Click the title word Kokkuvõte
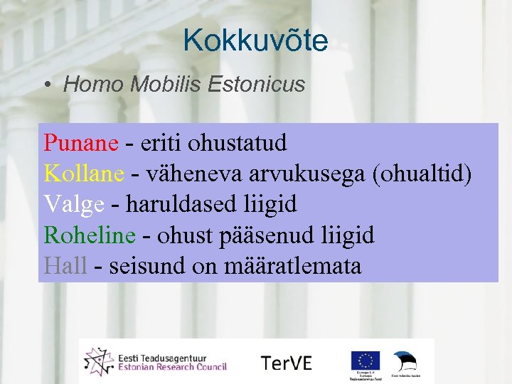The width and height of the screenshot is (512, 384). pos(255,41)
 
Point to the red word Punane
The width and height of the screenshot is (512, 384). pos(80,143)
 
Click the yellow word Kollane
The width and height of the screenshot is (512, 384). pos(84,174)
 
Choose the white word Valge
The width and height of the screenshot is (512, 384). pos(74,205)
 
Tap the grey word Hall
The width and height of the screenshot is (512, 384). pos(65,266)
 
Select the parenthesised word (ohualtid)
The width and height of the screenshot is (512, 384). pos(422,174)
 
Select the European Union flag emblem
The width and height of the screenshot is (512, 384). pos(364,361)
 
